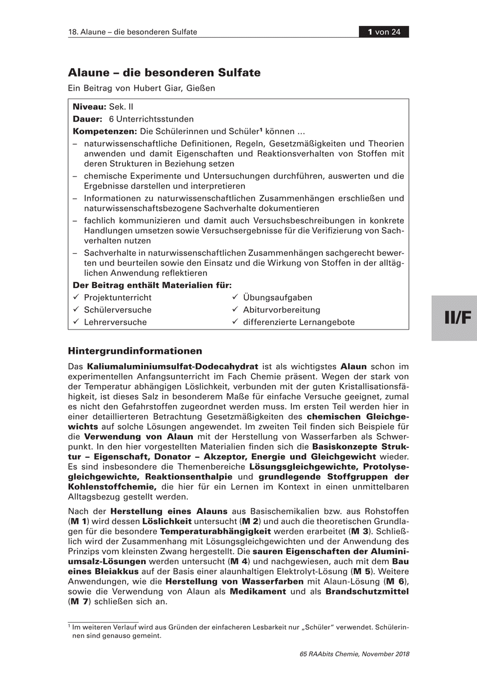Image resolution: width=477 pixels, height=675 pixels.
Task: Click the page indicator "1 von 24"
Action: [384, 31]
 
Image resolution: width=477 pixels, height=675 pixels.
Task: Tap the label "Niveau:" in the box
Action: [89, 107]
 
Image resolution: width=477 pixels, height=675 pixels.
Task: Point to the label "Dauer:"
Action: [88, 119]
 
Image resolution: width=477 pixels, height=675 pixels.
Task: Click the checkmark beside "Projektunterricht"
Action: [76, 298]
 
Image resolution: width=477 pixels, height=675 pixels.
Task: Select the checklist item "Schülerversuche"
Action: [118, 310]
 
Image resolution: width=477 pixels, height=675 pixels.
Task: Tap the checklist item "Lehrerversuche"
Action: [115, 322]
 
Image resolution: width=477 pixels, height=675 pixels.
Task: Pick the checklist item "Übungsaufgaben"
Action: [277, 298]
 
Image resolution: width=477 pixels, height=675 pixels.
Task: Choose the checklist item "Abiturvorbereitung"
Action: [281, 310]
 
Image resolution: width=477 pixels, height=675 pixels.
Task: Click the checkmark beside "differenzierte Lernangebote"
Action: [235, 322]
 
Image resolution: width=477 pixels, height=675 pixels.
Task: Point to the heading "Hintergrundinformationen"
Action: [135, 351]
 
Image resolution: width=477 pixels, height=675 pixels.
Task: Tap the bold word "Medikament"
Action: [259, 592]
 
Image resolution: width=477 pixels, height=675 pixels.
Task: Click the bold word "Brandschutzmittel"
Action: [367, 592]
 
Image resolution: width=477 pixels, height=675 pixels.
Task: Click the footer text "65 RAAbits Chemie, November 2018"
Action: [355, 654]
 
